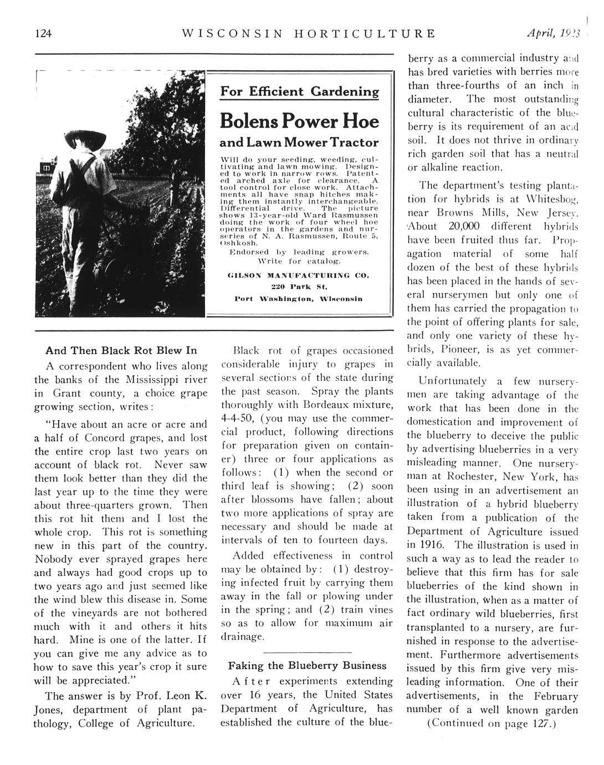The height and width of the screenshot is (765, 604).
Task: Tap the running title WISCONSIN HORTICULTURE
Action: pos(309,33)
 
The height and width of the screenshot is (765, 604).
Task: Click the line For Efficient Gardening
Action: pos(299,91)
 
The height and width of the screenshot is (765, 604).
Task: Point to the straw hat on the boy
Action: pos(88,134)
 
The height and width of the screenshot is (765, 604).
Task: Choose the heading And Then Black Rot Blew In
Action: pos(121,350)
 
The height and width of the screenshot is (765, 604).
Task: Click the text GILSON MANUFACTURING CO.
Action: pos(299,275)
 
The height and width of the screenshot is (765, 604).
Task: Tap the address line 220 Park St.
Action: pos(299,287)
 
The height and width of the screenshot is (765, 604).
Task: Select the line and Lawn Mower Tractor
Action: pos(299,142)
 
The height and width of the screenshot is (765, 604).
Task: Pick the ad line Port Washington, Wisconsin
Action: pos(299,299)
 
